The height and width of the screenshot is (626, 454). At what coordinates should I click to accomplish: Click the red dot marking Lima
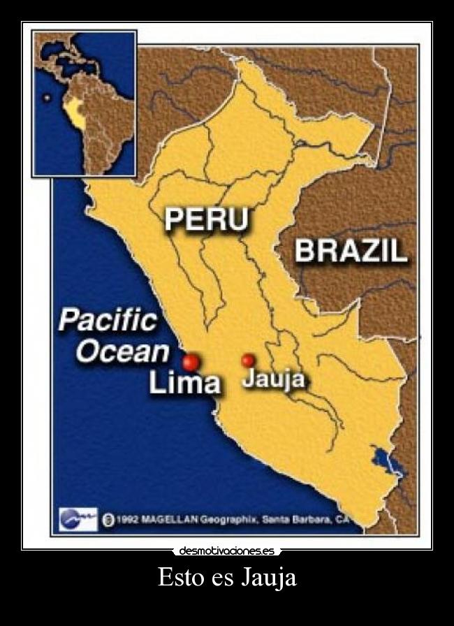[x=191, y=362]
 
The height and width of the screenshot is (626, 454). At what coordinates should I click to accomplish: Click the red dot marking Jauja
[x=248, y=361]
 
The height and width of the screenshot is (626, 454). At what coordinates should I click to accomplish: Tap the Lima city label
[x=185, y=383]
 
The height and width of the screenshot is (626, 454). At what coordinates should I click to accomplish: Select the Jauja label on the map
[x=274, y=379]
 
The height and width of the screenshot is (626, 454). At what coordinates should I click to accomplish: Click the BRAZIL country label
[x=351, y=250]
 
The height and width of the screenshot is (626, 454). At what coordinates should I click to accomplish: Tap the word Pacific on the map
[x=108, y=321]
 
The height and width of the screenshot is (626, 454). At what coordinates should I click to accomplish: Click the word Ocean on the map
[x=122, y=351]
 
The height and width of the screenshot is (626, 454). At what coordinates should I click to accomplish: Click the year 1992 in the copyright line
[x=128, y=520]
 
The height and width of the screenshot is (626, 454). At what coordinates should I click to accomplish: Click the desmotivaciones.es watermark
[x=226, y=551]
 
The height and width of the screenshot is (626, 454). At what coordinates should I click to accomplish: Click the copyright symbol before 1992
[x=108, y=520]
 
